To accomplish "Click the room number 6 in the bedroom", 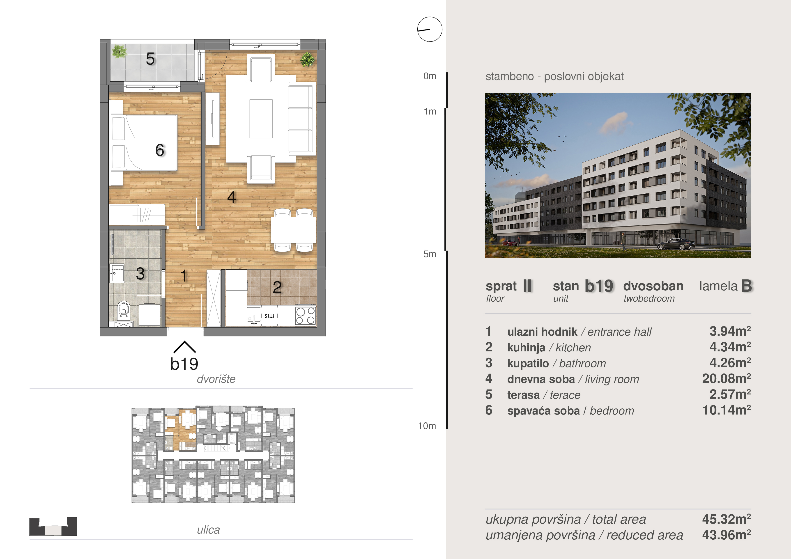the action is tap(160, 150).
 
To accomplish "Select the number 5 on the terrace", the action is tap(150, 59).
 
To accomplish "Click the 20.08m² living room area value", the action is tap(726, 378).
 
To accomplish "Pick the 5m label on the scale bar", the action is tap(430, 254).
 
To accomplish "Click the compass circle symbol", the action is tap(430, 29).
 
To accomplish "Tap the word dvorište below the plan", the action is tap(216, 379).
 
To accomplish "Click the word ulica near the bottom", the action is tap(208, 530).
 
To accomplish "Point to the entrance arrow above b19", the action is tap(185, 347).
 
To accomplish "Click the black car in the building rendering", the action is tap(676, 244).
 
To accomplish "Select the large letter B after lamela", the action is tap(747, 286).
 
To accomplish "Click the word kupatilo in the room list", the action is tap(528, 363).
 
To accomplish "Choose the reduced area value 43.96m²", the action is tap(726, 535).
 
